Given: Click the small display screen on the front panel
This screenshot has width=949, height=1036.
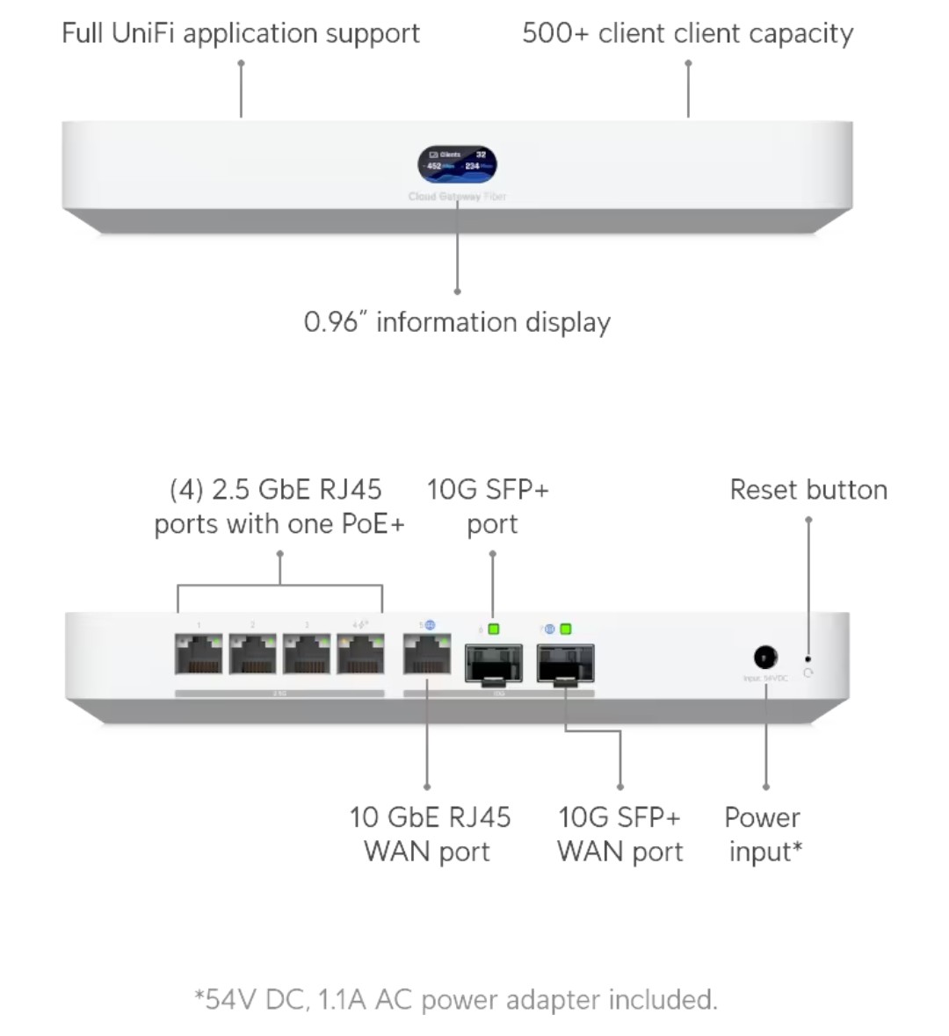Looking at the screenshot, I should point(457,165).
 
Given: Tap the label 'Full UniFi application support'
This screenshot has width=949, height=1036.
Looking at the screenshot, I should point(240,33).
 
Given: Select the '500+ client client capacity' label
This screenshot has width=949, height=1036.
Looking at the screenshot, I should point(687,33).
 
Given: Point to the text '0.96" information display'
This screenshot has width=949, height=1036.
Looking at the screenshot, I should point(457,322).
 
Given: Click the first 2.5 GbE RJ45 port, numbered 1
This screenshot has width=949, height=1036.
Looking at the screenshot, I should point(199,654).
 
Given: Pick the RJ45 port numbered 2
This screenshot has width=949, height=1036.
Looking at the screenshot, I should point(253,654).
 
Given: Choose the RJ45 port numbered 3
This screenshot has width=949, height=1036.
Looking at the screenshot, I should point(307,654).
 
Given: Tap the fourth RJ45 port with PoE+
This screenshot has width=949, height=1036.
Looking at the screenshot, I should point(360,654).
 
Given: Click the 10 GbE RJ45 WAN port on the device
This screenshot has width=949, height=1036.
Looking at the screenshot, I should point(426,654).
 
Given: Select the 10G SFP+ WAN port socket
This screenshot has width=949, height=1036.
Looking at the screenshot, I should point(565,663).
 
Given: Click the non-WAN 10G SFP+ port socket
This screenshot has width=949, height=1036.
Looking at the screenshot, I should point(493,663).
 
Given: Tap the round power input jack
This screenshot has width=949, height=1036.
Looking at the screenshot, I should point(765,657).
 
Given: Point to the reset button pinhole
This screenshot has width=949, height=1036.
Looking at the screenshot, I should point(808,658).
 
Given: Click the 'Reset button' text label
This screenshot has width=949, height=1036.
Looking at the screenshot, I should point(808,490).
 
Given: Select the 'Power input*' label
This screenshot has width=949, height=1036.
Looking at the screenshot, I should point(763,834).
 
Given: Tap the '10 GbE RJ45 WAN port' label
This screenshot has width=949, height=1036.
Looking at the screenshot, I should point(429,834).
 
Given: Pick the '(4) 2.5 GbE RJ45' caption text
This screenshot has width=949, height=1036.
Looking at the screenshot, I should point(275,489).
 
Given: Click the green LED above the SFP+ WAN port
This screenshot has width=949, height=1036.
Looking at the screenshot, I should point(565,629).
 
